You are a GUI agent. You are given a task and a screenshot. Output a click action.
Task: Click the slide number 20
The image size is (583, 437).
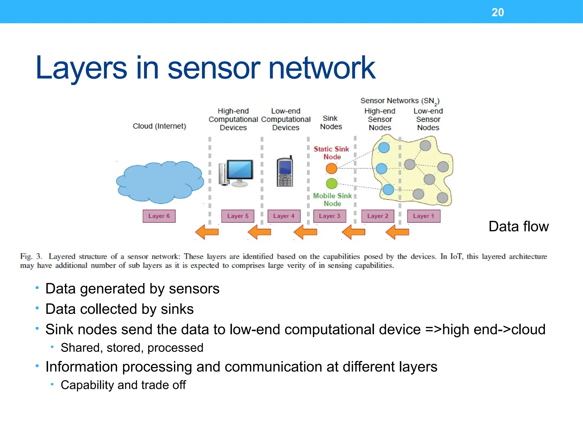point(497,12)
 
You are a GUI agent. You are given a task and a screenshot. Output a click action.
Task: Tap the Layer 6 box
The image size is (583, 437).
point(159,216)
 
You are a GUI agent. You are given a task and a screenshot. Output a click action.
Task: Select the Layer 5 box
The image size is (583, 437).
point(238,216)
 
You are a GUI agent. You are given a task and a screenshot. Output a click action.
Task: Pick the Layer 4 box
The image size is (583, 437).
point(284,216)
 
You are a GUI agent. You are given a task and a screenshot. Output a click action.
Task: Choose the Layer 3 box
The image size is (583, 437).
point(329,216)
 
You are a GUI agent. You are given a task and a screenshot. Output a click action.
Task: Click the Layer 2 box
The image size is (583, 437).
point(377,216)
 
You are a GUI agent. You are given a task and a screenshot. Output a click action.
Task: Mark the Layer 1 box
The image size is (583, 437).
point(423,216)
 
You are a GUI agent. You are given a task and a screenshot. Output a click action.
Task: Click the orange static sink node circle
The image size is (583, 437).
point(331,168)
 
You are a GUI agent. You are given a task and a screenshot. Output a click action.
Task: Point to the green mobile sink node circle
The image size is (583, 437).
point(331,184)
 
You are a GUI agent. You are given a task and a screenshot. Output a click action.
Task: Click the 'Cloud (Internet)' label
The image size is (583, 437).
point(159,126)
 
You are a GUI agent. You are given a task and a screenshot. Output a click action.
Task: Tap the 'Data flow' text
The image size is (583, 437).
point(518,226)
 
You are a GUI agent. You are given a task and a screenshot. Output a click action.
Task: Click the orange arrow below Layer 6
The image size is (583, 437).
point(207,232)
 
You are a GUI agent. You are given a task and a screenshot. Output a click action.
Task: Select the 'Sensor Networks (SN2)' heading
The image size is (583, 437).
point(400,101)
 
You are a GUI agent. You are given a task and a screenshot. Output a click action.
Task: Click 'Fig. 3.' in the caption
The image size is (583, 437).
point(31,256)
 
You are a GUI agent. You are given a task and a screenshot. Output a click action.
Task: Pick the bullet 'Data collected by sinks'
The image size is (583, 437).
point(119,309)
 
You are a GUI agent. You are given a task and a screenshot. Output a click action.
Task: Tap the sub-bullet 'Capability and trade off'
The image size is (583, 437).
point(123,385)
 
